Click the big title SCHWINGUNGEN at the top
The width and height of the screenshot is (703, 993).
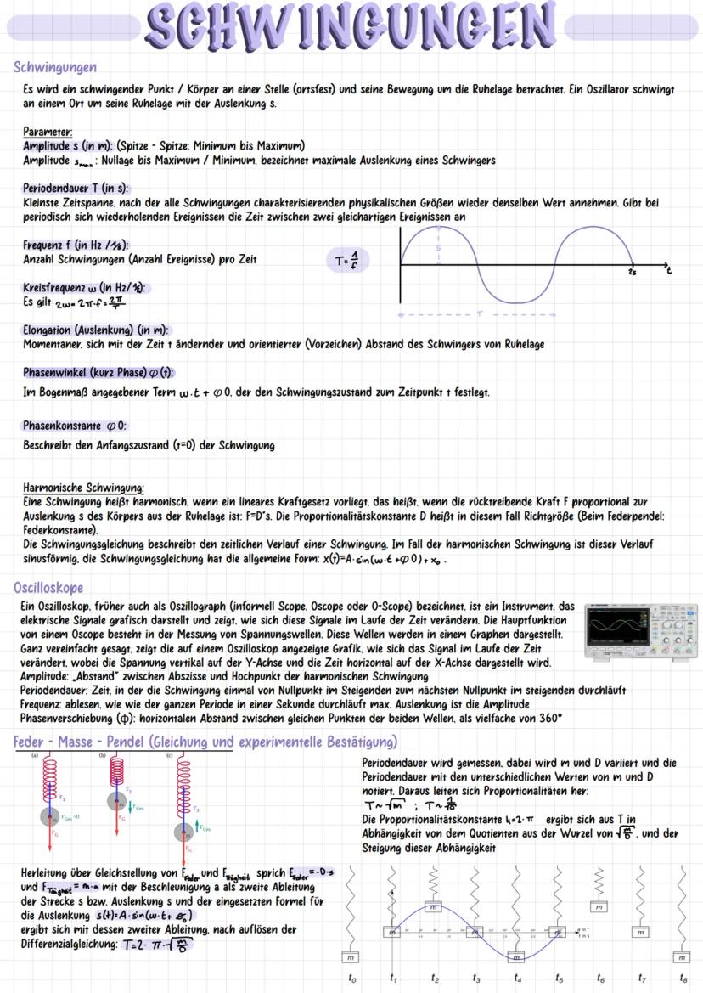[x=351, y=27]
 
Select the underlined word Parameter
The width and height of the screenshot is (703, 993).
[x=48, y=133]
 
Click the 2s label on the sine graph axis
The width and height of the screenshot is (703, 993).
[x=633, y=273]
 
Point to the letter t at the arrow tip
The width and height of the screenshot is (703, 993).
[x=669, y=270]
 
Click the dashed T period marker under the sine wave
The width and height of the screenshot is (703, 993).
[x=478, y=313]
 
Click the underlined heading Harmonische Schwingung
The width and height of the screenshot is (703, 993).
[x=83, y=488]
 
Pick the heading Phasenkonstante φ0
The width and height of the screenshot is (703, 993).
[x=75, y=425]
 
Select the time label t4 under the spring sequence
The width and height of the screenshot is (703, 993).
[x=517, y=978]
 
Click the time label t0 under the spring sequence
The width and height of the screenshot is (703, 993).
[x=352, y=978]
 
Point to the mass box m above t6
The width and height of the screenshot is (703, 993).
[x=599, y=907]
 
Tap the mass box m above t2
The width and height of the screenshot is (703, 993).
[x=434, y=907]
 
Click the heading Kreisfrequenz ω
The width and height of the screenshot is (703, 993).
[x=84, y=287]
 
